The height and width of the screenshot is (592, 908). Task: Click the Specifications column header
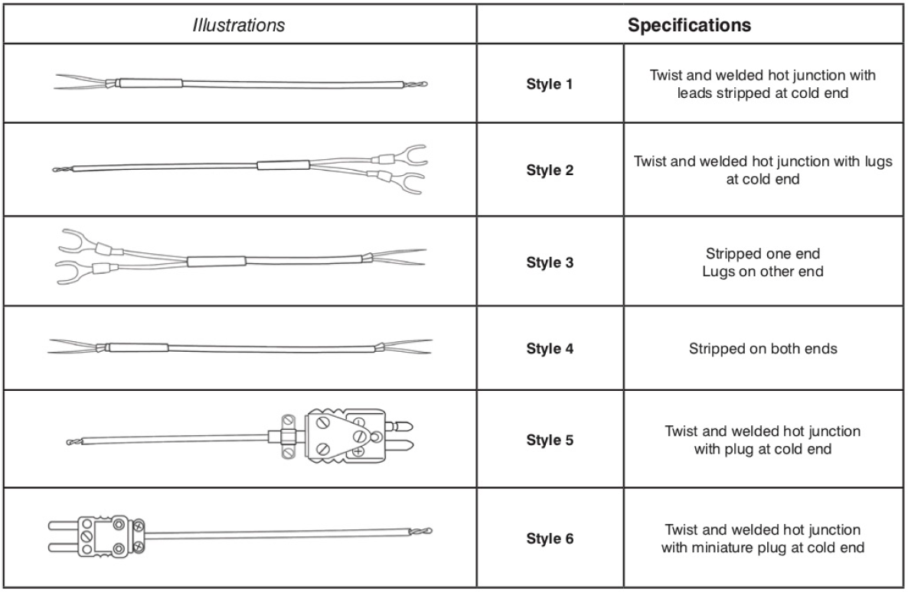click(x=689, y=25)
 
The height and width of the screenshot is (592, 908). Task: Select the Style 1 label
click(x=549, y=85)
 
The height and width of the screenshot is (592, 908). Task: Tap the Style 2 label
click(x=549, y=170)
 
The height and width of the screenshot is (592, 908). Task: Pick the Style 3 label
click(x=549, y=263)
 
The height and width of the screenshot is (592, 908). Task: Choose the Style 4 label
click(x=549, y=349)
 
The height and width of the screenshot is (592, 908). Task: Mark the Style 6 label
click(x=549, y=538)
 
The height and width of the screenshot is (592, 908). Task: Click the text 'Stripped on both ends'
click(x=763, y=349)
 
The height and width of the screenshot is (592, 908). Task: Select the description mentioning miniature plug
click(x=763, y=538)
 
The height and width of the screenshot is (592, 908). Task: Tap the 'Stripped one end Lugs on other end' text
click(x=763, y=263)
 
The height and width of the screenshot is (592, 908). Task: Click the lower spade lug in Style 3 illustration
click(x=67, y=272)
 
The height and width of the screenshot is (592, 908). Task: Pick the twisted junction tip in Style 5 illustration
click(x=73, y=442)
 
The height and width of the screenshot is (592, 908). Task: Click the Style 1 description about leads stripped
click(x=763, y=85)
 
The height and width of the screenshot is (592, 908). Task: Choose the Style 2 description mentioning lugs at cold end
click(x=763, y=170)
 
